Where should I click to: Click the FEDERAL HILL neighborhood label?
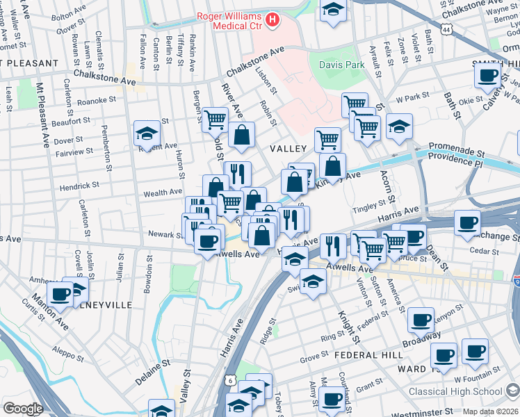368,354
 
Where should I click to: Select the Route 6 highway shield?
230,380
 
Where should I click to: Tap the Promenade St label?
455,148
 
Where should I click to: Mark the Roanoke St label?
97,100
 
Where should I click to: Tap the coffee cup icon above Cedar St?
466,224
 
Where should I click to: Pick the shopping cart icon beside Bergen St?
215,120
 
